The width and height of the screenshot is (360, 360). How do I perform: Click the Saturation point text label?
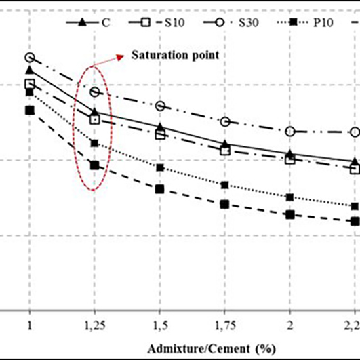tap(175, 54)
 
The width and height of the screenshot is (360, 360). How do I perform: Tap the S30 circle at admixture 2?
tap(290, 131)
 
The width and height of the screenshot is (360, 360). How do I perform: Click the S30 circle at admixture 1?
tap(30, 58)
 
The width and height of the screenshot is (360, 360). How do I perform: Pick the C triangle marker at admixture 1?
tap(30, 70)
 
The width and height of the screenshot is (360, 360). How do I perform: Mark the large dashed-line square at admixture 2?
tap(290, 214)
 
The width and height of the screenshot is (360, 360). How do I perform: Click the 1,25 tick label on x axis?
tap(94, 325)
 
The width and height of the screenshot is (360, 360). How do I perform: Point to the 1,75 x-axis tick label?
tap(224, 325)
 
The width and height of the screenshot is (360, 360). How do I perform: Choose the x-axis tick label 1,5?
tap(159, 325)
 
